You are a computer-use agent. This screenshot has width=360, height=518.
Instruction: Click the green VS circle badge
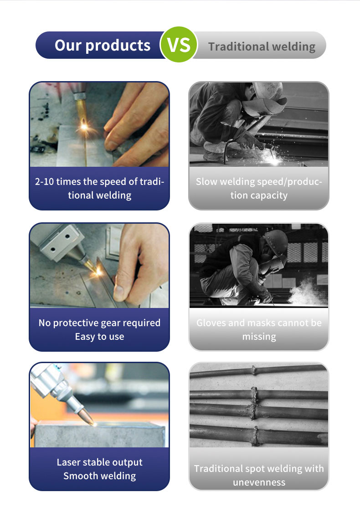[179, 45]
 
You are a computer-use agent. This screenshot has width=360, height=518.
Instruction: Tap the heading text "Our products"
[103, 45]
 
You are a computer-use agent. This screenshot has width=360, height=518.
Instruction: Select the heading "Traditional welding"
[262, 46]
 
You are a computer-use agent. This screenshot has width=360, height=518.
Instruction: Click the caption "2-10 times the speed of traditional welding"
[99, 188]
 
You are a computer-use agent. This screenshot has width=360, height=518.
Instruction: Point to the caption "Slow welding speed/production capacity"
[259, 188]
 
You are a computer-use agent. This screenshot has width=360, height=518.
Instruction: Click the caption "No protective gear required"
[99, 323]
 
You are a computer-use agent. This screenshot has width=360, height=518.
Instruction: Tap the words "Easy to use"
[99, 337]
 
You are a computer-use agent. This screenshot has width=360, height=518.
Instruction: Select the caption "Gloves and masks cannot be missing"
[259, 330]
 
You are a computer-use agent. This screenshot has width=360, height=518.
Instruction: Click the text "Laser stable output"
[99, 462]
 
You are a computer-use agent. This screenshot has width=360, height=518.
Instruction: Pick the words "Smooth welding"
[99, 476]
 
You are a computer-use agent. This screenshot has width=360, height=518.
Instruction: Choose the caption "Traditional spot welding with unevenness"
[259, 475]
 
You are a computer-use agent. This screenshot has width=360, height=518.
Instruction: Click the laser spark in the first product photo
[84, 126]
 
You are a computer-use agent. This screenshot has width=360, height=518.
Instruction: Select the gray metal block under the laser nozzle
[99, 434]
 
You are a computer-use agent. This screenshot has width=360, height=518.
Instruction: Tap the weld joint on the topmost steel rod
[253, 370]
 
